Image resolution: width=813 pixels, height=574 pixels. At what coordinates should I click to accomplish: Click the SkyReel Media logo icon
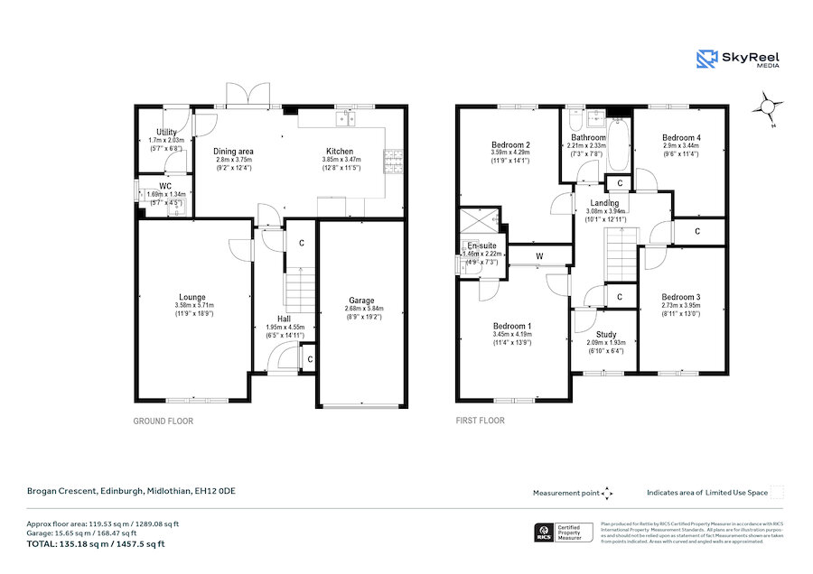706,60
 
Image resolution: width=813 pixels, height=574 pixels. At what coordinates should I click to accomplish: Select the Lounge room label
192,298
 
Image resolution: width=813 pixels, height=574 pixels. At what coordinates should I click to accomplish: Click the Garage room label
361,301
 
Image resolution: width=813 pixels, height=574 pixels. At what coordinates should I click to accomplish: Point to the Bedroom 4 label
681,137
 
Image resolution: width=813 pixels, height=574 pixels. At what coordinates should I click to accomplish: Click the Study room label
605,335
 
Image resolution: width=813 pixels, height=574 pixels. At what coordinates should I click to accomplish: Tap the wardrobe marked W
538,255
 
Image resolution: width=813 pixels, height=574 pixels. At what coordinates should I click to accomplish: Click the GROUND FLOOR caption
164,421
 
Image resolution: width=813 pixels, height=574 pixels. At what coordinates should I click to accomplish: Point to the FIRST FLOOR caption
481,421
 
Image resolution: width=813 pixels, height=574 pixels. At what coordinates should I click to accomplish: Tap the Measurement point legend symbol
607,493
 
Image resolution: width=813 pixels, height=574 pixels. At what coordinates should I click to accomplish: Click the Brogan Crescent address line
130,491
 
